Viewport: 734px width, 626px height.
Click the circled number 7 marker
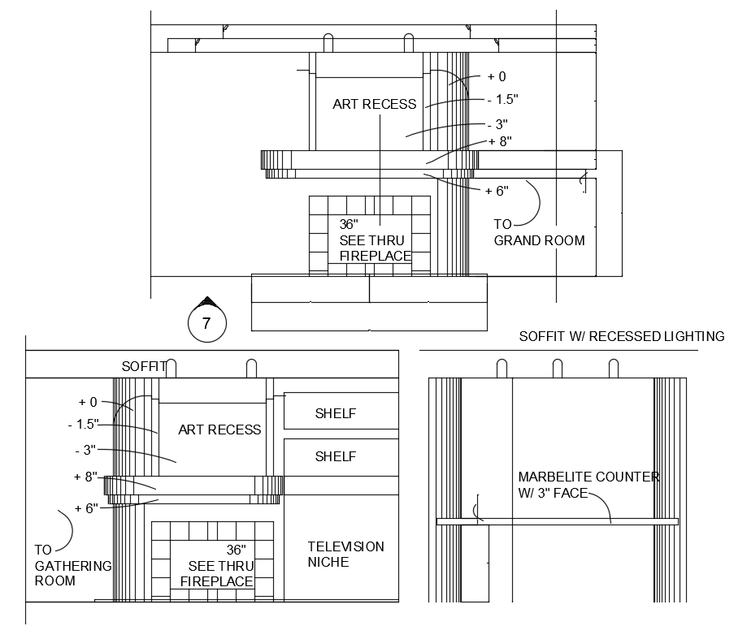point(206,323)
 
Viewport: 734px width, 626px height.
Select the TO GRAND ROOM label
point(539,232)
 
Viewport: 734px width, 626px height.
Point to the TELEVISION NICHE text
point(345,554)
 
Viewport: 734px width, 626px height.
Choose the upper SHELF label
point(335,413)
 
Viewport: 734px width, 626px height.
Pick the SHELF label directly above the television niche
point(335,456)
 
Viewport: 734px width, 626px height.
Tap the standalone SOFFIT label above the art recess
point(144,367)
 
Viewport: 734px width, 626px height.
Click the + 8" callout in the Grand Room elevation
point(499,141)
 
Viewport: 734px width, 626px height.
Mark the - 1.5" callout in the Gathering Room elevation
point(83,424)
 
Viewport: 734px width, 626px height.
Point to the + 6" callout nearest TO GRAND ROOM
point(496,191)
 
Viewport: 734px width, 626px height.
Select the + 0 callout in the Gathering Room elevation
point(88,402)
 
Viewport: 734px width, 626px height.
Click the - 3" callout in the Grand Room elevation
point(497,124)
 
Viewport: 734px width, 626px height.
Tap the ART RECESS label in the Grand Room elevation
point(374,104)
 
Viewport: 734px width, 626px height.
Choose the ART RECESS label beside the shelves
point(219,430)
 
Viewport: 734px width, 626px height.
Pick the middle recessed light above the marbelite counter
point(558,369)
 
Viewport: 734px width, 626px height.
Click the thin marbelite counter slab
point(558,521)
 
